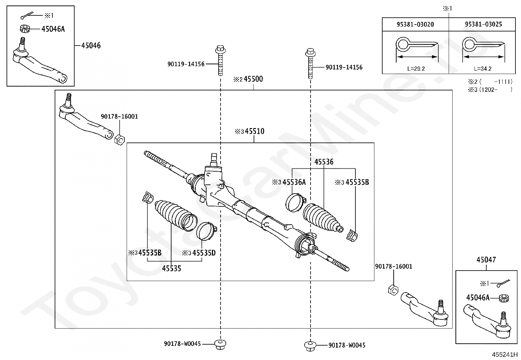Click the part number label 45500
click(253, 79)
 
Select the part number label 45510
click(255, 131)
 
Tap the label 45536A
click(294, 182)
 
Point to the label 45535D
click(204, 253)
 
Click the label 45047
click(486, 260)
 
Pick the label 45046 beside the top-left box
click(91, 46)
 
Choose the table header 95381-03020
click(415, 25)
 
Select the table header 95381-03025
click(483, 24)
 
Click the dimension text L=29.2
click(416, 69)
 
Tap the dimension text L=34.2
click(483, 69)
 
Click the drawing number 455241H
click(505, 354)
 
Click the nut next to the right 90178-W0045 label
click(310, 346)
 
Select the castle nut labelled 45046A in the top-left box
click(25, 29)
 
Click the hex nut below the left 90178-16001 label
click(119, 140)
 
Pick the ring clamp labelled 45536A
click(295, 202)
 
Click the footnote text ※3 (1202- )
click(490, 90)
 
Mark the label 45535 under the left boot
click(171, 269)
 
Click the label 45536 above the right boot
click(324, 162)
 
